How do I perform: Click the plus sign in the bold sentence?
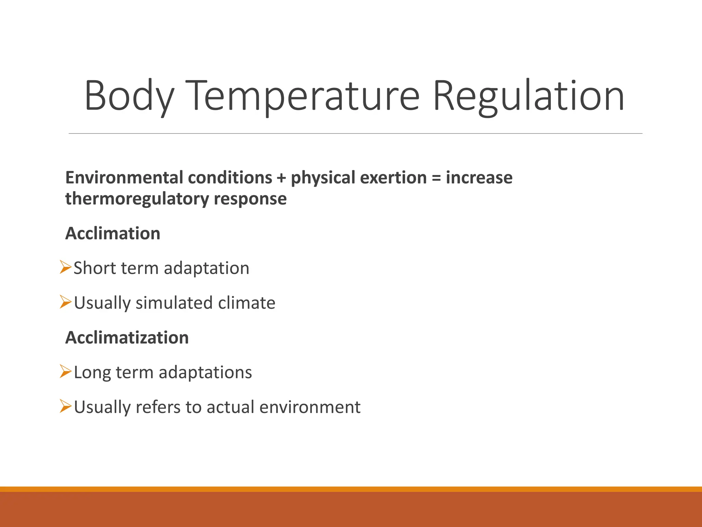(x=281, y=178)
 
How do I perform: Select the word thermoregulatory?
(x=137, y=199)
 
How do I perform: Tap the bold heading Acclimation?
(x=113, y=234)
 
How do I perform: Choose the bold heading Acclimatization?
(x=127, y=338)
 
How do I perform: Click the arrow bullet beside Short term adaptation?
(x=65, y=267)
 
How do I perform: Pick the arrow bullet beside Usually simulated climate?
(x=65, y=302)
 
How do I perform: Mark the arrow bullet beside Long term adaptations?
(x=65, y=372)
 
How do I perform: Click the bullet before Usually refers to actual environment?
(x=65, y=406)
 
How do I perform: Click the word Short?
(x=95, y=268)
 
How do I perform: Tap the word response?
(x=250, y=199)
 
